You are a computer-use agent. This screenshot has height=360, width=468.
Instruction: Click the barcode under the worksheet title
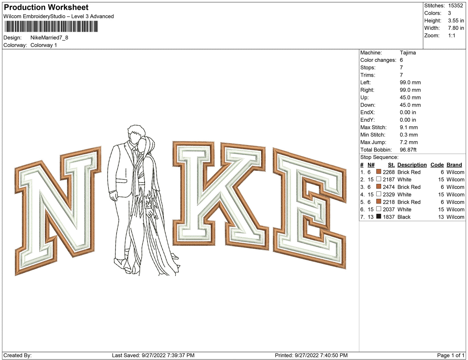click(51, 27)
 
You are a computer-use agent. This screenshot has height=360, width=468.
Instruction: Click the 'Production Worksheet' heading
click(46, 7)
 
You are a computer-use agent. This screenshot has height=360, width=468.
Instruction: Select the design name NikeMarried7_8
click(49, 38)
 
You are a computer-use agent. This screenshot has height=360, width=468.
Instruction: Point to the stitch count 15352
click(455, 6)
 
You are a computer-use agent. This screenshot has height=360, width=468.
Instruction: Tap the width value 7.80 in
click(456, 28)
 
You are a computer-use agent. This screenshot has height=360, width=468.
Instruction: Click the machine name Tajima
click(408, 53)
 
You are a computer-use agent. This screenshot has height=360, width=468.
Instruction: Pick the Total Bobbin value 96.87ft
click(408, 150)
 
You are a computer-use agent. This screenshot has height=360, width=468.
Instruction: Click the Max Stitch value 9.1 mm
click(409, 127)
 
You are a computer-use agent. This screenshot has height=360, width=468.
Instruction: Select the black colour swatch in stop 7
click(378, 217)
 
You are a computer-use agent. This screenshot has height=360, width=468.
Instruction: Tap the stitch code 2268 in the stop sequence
click(389, 172)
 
